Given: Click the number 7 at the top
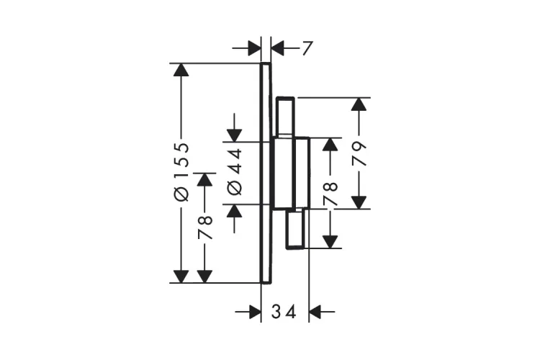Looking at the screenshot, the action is (x=307, y=48).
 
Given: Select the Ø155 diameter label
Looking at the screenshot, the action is (x=181, y=172).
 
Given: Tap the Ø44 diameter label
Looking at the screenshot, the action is (x=235, y=172).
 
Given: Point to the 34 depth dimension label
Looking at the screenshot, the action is (x=284, y=312).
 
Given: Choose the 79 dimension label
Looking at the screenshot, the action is (x=359, y=153).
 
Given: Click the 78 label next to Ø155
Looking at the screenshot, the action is (x=205, y=228).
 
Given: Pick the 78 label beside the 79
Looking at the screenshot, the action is (x=330, y=194).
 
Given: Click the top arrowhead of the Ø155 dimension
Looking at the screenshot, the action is (x=181, y=70).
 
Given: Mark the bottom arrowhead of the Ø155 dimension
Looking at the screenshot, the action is (x=181, y=276).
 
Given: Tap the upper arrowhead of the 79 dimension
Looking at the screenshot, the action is (x=359, y=104).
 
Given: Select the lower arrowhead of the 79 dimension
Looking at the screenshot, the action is (x=359, y=202).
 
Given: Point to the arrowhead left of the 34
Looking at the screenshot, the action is (x=255, y=312).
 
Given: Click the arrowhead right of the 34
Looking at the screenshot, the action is (x=315, y=312).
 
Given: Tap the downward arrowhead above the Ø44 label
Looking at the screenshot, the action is (x=234, y=135).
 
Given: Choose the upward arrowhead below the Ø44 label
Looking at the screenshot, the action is (x=234, y=210).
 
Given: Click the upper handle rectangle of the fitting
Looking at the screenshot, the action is (x=285, y=117).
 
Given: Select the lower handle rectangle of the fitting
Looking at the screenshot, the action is (x=295, y=229).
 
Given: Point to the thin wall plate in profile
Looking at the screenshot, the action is (x=266, y=173).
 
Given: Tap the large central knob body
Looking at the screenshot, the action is (x=284, y=173).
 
